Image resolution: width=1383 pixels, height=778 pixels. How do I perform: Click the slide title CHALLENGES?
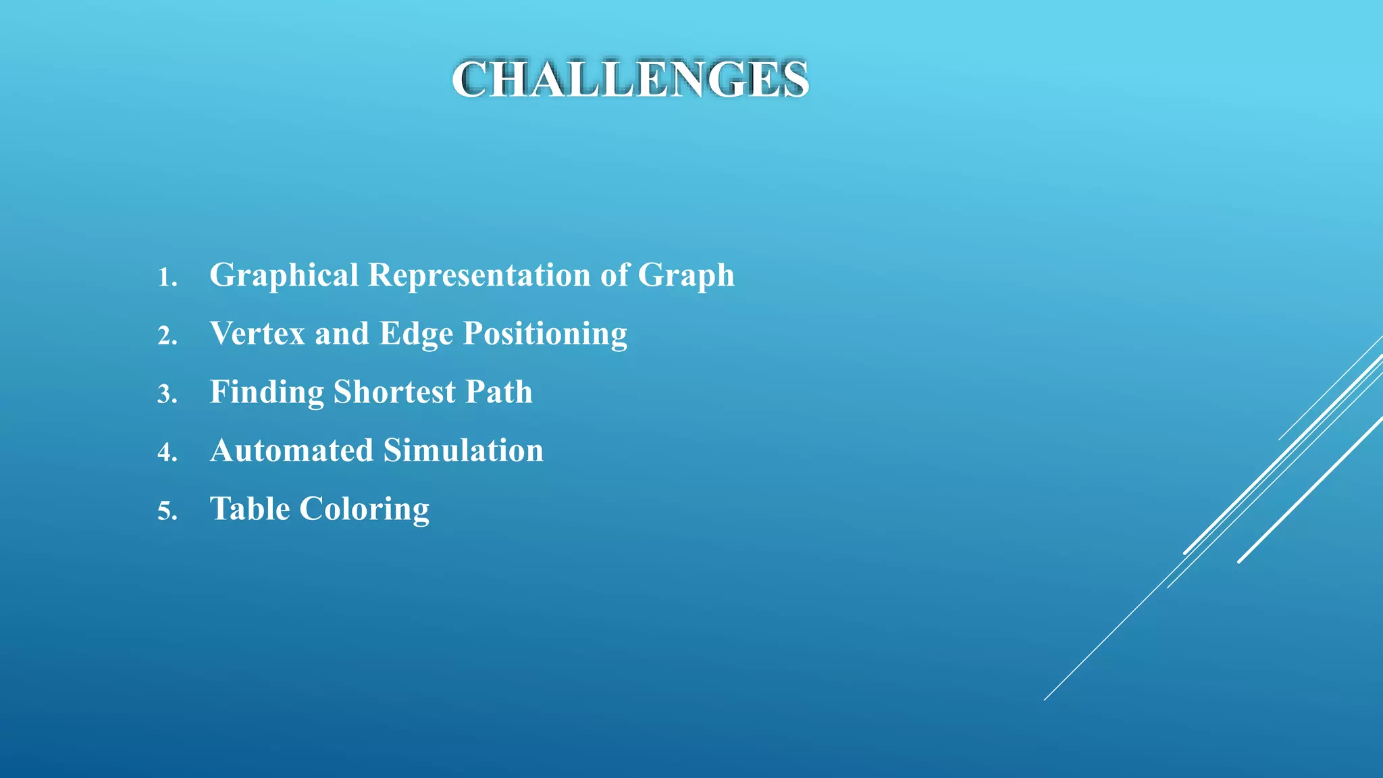(630, 80)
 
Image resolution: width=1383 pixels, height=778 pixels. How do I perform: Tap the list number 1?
(167, 278)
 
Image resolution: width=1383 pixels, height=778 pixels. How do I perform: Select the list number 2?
(167, 336)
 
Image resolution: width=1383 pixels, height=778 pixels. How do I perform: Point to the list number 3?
(167, 394)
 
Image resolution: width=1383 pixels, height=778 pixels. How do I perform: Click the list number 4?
(167, 452)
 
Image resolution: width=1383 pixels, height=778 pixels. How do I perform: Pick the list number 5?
(167, 511)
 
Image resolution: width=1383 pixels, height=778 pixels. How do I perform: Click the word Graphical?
(284, 276)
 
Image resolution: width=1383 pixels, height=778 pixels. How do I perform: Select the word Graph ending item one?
(685, 276)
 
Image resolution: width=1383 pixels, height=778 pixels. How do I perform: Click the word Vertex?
(257, 334)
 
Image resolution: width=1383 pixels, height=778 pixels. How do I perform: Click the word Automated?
(292, 450)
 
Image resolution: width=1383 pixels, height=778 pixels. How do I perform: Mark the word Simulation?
(463, 450)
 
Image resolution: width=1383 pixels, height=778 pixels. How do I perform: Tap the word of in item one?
(614, 276)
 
